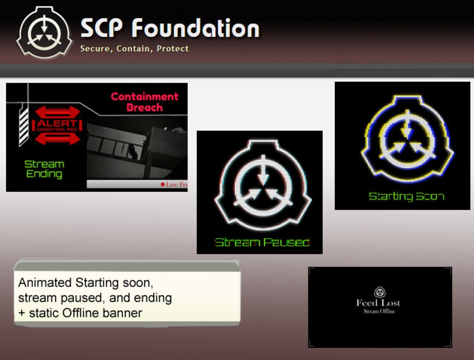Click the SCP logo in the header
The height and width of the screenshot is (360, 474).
coord(44,32)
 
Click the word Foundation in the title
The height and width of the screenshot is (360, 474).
coord(195,29)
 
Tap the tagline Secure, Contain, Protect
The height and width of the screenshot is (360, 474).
coord(134,49)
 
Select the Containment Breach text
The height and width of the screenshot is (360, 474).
coord(145,102)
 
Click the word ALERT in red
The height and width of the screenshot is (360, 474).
coord(57,123)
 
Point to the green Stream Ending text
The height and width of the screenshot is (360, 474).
coord(44,169)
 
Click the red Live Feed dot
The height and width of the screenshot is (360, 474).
coord(163,185)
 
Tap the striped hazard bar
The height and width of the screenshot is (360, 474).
coord(24,126)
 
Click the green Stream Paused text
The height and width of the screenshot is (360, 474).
coord(262,242)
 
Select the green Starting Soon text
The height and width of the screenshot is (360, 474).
coord(406,196)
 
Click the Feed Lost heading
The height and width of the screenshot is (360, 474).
coord(378,303)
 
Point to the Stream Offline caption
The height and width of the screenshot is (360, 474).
coord(379,311)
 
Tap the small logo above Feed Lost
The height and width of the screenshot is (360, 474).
coord(379,292)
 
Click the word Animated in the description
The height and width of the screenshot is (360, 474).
coord(45,283)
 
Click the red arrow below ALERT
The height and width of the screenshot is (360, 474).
coord(57,138)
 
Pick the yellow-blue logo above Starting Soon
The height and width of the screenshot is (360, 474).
coord(407,139)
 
